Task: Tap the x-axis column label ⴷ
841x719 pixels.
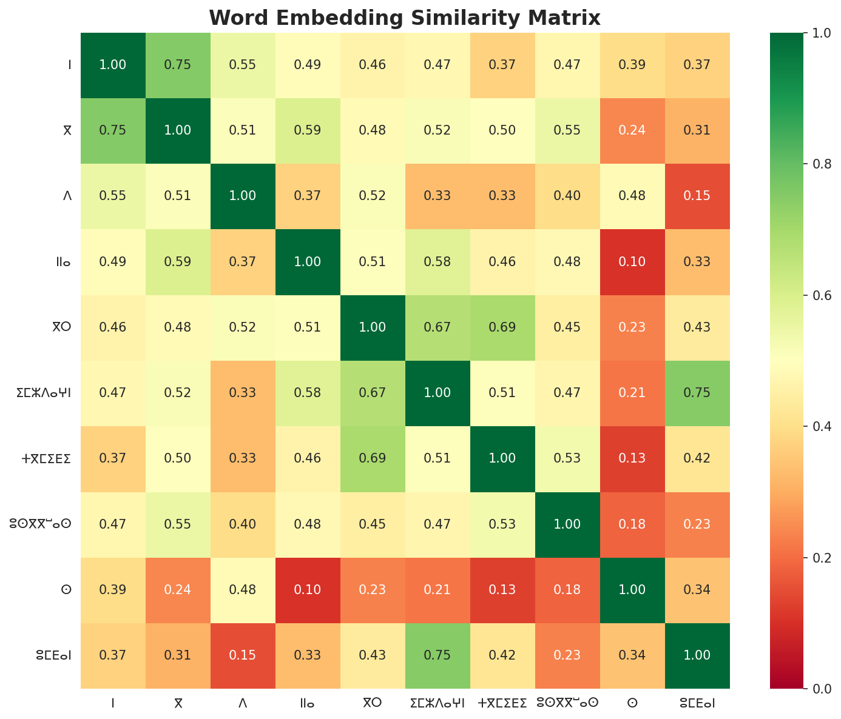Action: coord(243,703)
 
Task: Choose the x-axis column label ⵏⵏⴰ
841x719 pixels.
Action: coord(308,703)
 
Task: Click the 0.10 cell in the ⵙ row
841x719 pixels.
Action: coord(308,590)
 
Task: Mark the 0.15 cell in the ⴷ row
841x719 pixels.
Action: coord(697,196)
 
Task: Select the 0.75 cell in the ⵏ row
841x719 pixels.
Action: coord(178,65)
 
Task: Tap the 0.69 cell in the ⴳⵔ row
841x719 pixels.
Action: coord(502,327)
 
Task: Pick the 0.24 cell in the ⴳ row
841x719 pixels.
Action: coord(632,130)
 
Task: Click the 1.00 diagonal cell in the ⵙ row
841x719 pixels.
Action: coord(632,590)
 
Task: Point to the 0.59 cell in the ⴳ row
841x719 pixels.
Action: coord(308,130)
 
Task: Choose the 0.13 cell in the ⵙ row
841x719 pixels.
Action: coord(502,590)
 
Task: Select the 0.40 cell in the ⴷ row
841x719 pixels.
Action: coord(567,196)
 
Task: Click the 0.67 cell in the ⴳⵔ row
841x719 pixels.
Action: coord(437,327)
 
